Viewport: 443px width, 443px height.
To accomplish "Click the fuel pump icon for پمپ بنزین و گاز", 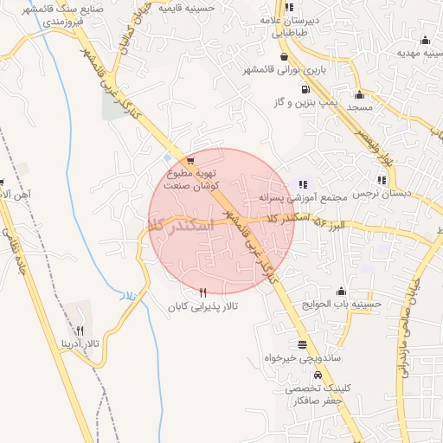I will click(305, 88).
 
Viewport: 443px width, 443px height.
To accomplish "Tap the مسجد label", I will click(358, 106).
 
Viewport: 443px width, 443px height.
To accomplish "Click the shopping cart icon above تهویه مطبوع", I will click(189, 160).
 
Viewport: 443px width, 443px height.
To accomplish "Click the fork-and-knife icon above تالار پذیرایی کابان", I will click(202, 293).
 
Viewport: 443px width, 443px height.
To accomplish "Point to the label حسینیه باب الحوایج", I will click(349, 304).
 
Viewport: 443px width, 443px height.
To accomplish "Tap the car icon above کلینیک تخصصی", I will click(318, 376).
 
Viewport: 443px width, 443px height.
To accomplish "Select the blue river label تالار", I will click(128, 296).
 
